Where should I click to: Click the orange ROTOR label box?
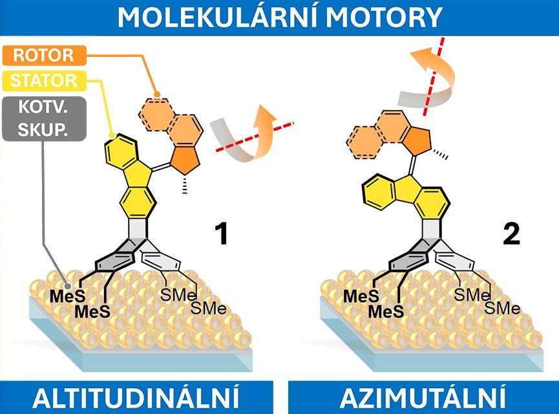(44, 56)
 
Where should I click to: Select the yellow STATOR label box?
(44, 81)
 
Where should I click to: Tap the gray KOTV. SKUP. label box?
(44, 118)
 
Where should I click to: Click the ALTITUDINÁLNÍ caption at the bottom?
(136, 397)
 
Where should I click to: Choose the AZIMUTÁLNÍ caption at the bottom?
(423, 397)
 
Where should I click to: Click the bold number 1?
(222, 234)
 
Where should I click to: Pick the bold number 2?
(511, 234)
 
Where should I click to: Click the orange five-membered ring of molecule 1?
(185, 160)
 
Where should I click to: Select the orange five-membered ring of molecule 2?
(416, 141)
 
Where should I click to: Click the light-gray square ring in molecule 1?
(138, 228)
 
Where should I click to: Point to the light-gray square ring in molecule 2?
(431, 229)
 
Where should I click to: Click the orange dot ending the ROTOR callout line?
(157, 94)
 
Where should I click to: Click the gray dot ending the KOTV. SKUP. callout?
(67, 285)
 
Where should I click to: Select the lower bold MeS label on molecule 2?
(386, 312)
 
